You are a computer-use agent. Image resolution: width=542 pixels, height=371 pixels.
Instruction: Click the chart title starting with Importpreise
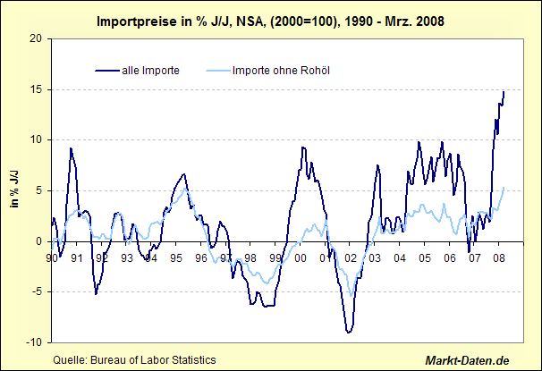point(269,18)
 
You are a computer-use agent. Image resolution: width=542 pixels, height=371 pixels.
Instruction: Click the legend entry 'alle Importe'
point(152,70)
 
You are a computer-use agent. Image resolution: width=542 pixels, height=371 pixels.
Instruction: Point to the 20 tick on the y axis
point(35,38)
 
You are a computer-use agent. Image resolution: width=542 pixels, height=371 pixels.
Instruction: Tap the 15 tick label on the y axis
point(35,89)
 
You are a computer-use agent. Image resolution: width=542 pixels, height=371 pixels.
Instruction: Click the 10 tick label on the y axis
point(35,139)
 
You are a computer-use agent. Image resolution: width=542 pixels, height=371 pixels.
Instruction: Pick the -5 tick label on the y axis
point(35,291)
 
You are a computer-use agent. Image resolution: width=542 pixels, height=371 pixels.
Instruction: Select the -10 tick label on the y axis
point(32,342)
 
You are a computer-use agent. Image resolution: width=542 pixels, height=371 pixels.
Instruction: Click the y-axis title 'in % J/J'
point(15,190)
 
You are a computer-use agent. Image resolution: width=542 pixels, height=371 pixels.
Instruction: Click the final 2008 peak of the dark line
point(503,92)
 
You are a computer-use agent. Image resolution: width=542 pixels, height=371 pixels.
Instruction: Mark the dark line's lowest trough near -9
point(349,333)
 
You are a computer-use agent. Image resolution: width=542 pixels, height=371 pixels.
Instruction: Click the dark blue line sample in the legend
point(106,70)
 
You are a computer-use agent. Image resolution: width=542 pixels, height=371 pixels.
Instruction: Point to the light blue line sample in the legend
point(216,70)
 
